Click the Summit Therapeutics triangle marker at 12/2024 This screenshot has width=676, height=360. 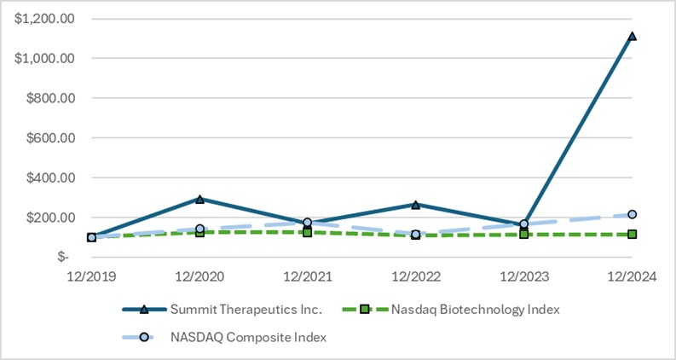point(632,37)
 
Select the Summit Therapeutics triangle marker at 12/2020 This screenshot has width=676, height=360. point(199,199)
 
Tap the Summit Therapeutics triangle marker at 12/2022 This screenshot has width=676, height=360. point(415,205)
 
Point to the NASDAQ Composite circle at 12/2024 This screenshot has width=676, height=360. point(632,214)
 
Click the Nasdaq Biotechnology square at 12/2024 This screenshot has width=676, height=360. point(632,234)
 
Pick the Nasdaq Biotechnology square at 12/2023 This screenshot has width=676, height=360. point(523,234)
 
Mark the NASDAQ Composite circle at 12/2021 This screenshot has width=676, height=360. point(308,222)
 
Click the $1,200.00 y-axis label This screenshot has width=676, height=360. point(44,18)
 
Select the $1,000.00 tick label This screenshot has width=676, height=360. point(44,58)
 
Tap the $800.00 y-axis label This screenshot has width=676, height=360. point(49,98)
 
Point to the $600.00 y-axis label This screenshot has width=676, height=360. point(49,138)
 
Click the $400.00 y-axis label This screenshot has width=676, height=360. point(49,177)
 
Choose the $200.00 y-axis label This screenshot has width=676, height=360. point(49,218)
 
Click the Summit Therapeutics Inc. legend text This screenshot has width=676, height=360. point(245,310)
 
